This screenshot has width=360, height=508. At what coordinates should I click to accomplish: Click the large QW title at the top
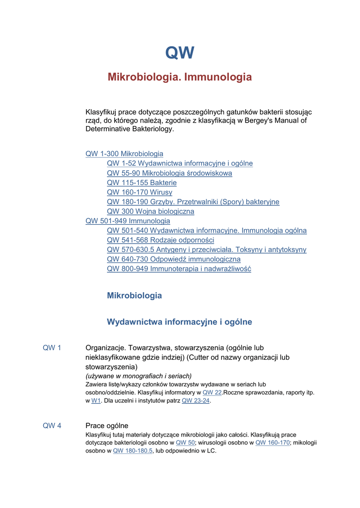(180, 53)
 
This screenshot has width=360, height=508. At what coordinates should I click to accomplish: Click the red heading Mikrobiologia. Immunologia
(180, 77)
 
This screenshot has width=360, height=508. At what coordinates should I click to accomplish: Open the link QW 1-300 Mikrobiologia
(124, 154)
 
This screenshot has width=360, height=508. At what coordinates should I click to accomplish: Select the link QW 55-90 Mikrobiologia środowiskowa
(169, 173)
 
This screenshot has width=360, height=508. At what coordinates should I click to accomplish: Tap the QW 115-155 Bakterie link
(142, 183)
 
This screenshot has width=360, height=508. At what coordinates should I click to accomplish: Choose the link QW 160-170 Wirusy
(140, 192)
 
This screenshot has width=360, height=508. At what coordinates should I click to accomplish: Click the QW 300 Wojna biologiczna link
(150, 211)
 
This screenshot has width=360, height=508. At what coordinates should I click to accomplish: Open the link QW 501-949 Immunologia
(128, 221)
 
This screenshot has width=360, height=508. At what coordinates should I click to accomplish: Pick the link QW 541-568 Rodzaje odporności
(160, 240)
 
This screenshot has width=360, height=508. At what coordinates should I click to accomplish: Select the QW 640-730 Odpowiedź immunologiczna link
(173, 259)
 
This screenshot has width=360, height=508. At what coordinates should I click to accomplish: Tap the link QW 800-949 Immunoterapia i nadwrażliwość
(179, 269)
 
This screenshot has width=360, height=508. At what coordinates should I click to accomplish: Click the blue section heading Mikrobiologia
(134, 296)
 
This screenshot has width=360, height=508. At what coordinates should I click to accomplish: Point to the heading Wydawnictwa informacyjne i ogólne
(179, 322)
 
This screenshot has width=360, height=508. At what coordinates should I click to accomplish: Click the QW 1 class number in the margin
(52, 348)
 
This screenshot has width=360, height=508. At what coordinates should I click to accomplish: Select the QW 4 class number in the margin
(52, 426)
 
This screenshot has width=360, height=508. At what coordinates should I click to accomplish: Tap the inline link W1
(96, 401)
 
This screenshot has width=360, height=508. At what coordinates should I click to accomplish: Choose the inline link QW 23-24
(196, 401)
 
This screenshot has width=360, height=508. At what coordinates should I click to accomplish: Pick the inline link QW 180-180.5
(133, 451)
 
